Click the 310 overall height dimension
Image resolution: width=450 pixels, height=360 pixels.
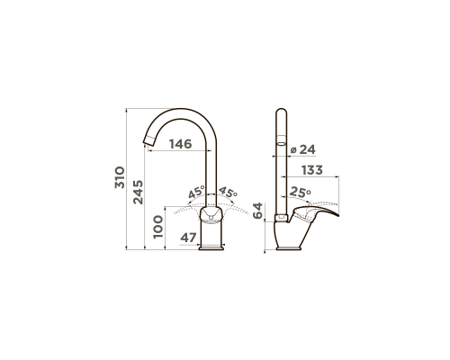pos(120,177)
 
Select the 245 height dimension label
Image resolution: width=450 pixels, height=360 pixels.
pos(138,193)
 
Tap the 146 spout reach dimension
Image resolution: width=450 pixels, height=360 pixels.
pos(180,144)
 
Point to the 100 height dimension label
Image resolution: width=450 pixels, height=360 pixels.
pos(158,227)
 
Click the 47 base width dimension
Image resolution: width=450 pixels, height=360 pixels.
pos(188,238)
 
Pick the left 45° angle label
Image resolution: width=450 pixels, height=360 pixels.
pos(196,192)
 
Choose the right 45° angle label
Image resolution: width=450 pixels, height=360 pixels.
pos(228,192)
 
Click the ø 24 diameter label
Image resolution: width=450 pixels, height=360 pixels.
pos(303,149)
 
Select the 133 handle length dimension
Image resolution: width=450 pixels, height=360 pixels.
pos(312,170)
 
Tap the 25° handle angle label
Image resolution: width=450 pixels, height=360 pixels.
pos(301,193)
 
